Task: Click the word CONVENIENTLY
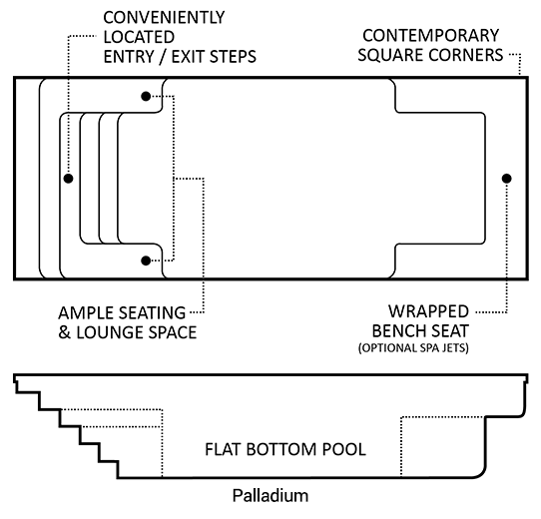[x=164, y=18]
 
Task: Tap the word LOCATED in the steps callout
[x=139, y=37]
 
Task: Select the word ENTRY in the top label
[x=129, y=57]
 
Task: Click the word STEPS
[x=233, y=57]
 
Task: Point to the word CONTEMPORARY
[x=431, y=36]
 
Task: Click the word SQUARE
[x=390, y=55]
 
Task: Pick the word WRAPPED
[x=428, y=311]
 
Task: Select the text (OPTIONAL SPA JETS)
[x=413, y=348]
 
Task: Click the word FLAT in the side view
[x=223, y=449]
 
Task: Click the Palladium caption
[x=270, y=495]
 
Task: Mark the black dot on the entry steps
[x=68, y=179]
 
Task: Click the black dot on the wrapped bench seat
[x=506, y=179]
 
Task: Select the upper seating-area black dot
[x=146, y=96]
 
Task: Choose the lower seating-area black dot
[x=146, y=260]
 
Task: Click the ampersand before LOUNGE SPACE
[x=64, y=332]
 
